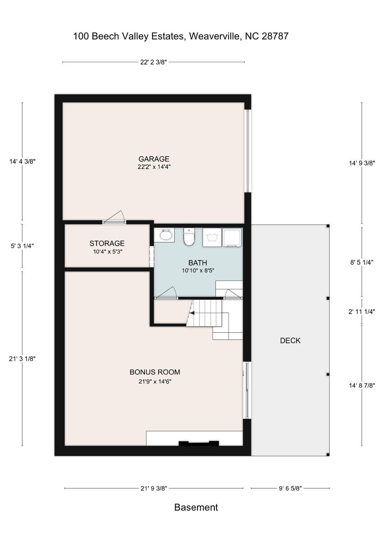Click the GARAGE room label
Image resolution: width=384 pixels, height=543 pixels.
pyautogui.click(x=154, y=159)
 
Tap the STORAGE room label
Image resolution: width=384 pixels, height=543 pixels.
pyautogui.click(x=107, y=243)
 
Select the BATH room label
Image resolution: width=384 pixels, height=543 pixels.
pyautogui.click(x=197, y=263)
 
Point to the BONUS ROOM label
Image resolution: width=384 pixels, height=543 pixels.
pyautogui.click(x=155, y=372)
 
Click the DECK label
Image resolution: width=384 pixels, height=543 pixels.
pyautogui.click(x=290, y=340)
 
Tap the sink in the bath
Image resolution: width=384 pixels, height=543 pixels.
pyautogui.click(x=165, y=235)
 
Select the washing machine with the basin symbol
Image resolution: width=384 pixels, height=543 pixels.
pyautogui.click(x=212, y=237)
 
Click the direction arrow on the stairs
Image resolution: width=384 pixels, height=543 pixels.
pyautogui.click(x=192, y=313)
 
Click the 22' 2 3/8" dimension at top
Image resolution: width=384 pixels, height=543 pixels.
pyautogui.click(x=153, y=62)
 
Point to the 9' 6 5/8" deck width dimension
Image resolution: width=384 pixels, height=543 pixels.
pyautogui.click(x=290, y=489)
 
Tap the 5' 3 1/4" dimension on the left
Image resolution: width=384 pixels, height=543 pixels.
pyautogui.click(x=23, y=246)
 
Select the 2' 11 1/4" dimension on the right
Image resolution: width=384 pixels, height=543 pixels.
pyautogui.click(x=361, y=311)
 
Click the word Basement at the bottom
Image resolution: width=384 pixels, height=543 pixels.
pyautogui.click(x=196, y=507)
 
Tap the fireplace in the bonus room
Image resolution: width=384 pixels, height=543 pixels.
pyautogui.click(x=198, y=443)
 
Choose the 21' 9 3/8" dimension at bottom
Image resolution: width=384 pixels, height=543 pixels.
pyautogui.click(x=154, y=489)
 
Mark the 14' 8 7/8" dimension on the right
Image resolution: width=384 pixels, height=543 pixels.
pyautogui.click(x=361, y=386)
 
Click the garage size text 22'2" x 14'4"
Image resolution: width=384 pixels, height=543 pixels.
pyautogui.click(x=154, y=167)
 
